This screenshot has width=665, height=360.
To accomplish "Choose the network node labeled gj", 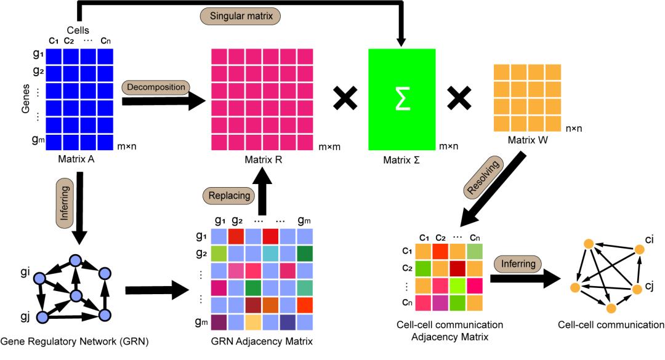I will [x=42, y=317].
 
